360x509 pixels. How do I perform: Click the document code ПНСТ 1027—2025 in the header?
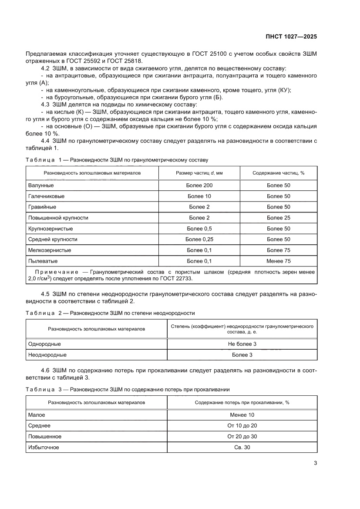click(x=291, y=37)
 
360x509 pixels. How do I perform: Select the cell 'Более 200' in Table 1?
click(x=199, y=185)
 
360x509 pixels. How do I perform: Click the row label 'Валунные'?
click(x=41, y=185)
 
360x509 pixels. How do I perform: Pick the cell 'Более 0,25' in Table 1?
click(x=199, y=239)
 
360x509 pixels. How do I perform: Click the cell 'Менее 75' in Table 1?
click(x=278, y=261)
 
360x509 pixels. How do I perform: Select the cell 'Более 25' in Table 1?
click(x=278, y=218)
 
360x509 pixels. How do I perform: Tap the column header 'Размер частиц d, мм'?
click(x=199, y=173)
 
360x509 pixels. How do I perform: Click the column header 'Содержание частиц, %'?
click(x=278, y=173)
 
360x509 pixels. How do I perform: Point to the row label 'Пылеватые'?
click(x=43, y=261)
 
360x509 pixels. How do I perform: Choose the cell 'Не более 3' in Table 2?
click(x=242, y=344)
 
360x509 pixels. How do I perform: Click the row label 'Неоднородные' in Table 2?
click(x=47, y=355)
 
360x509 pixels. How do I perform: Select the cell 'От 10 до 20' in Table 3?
click(x=242, y=425)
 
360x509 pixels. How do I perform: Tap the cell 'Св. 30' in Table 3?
click(x=242, y=447)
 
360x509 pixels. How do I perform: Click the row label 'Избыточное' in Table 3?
click(x=44, y=447)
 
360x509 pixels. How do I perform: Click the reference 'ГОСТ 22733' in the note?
click(x=176, y=279)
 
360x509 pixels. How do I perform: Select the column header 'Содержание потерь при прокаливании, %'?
click(x=242, y=403)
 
